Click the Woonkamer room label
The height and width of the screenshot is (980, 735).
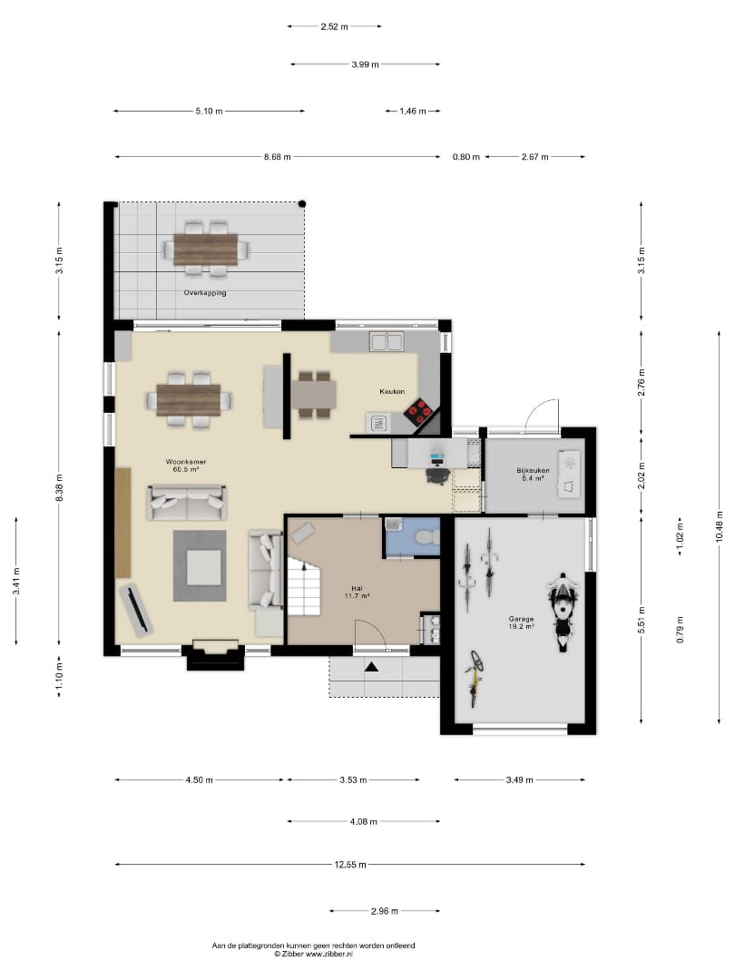click(186, 462)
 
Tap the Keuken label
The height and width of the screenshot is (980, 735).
click(392, 391)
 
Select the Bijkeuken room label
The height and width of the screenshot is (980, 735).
click(533, 471)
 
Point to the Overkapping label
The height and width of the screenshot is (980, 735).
click(205, 292)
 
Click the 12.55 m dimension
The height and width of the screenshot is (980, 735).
click(350, 865)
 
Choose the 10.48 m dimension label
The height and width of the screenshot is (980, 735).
click(720, 526)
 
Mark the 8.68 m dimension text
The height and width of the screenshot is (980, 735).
click(277, 157)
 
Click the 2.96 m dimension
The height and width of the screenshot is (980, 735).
click(385, 911)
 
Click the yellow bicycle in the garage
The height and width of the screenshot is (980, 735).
click(475, 678)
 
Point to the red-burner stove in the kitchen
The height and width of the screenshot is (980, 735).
click(418, 411)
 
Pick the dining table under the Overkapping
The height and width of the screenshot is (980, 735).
click(206, 250)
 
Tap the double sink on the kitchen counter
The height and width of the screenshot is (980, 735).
click(387, 342)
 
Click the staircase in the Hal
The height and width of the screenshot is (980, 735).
click(304, 587)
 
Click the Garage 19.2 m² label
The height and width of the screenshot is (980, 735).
click(521, 622)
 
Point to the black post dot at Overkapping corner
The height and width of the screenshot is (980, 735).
click(302, 204)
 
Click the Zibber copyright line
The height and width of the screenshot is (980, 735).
click(313, 955)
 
